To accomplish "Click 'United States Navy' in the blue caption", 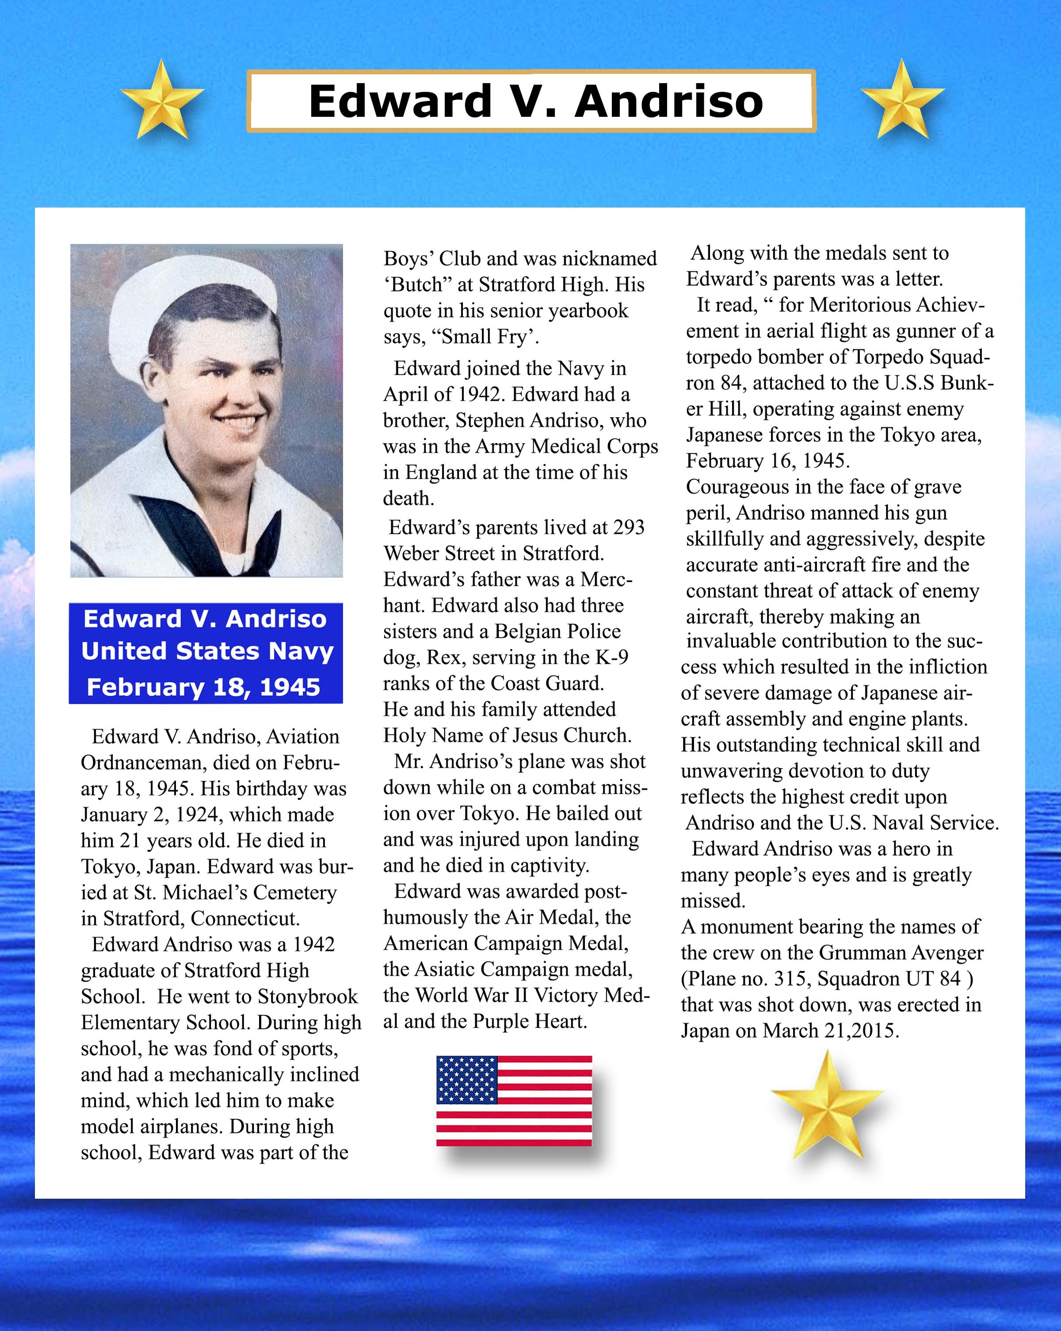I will click(207, 651).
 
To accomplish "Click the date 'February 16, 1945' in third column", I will click(767, 461).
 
